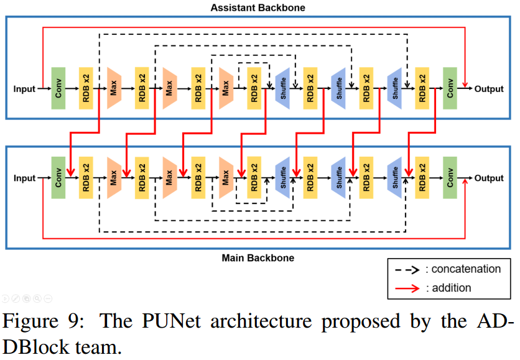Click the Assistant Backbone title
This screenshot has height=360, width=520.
[258, 8]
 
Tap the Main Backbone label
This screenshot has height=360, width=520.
[258, 257]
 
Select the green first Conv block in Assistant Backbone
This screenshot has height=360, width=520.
[59, 89]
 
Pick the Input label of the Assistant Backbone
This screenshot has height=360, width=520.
[25, 89]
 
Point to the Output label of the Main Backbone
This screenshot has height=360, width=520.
[489, 178]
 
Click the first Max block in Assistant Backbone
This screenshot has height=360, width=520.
[114, 89]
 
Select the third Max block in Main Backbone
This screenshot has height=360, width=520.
[226, 178]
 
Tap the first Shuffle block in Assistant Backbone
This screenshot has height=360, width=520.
[282, 89]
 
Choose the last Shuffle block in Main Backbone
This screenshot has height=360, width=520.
[394, 178]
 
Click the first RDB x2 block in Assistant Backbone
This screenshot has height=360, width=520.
[86, 89]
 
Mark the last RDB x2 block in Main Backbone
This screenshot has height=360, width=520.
[422, 178]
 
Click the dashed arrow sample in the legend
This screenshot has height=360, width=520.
[407, 269]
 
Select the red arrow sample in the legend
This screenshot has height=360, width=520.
[407, 288]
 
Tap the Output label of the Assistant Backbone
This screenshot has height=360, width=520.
[489, 89]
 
